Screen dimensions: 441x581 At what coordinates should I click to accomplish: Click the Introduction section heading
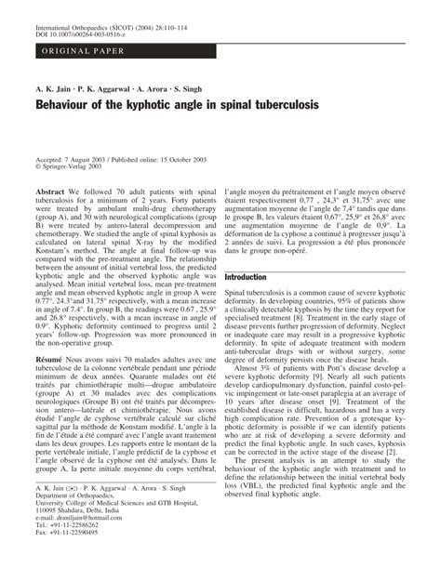click(x=259, y=278)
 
